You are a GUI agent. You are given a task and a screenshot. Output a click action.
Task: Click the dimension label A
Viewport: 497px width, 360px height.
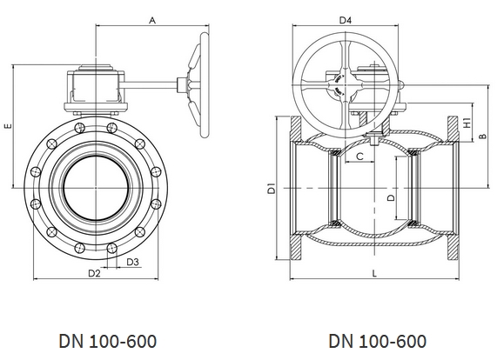pyautogui.click(x=152, y=21)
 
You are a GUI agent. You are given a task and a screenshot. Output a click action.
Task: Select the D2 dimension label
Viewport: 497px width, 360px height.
pyautogui.click(x=94, y=273)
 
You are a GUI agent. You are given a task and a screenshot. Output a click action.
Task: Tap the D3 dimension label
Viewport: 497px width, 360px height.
pyautogui.click(x=133, y=262)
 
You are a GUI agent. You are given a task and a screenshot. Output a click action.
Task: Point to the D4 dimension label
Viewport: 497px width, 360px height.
pyautogui.click(x=346, y=21)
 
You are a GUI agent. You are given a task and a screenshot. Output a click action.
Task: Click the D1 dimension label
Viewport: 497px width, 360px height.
pyautogui.click(x=271, y=189)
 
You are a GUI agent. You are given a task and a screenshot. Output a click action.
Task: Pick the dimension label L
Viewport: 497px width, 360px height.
pyautogui.click(x=374, y=273)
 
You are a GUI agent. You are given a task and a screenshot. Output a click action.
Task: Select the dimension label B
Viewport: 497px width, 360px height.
pyautogui.click(x=482, y=136)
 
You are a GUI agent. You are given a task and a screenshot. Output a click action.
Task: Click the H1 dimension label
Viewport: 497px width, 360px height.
pyautogui.click(x=467, y=123)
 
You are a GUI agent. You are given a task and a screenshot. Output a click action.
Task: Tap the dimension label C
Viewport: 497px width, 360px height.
pyautogui.click(x=359, y=157)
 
